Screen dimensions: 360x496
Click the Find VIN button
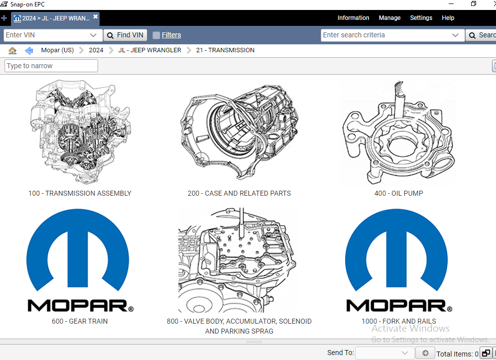(125, 35)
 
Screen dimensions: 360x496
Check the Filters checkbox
(156, 35)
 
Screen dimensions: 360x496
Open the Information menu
(353, 18)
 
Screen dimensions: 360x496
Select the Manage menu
(389, 18)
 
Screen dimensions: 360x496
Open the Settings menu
(421, 18)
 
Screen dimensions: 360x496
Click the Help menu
(448, 18)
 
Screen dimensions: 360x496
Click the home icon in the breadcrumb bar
(12, 50)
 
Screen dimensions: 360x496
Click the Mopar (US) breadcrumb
(57, 50)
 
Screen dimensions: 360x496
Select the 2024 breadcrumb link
(96, 50)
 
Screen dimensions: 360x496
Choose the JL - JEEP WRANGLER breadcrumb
(149, 50)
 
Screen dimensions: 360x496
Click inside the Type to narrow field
(51, 66)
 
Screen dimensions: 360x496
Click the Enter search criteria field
(385, 35)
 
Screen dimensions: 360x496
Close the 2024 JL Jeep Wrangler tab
(96, 16)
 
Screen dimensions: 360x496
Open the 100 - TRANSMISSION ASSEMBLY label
(80, 193)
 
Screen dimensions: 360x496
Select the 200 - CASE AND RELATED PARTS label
(239, 193)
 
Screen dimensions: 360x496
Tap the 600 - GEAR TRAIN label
(80, 321)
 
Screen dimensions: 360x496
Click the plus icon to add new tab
(4, 18)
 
